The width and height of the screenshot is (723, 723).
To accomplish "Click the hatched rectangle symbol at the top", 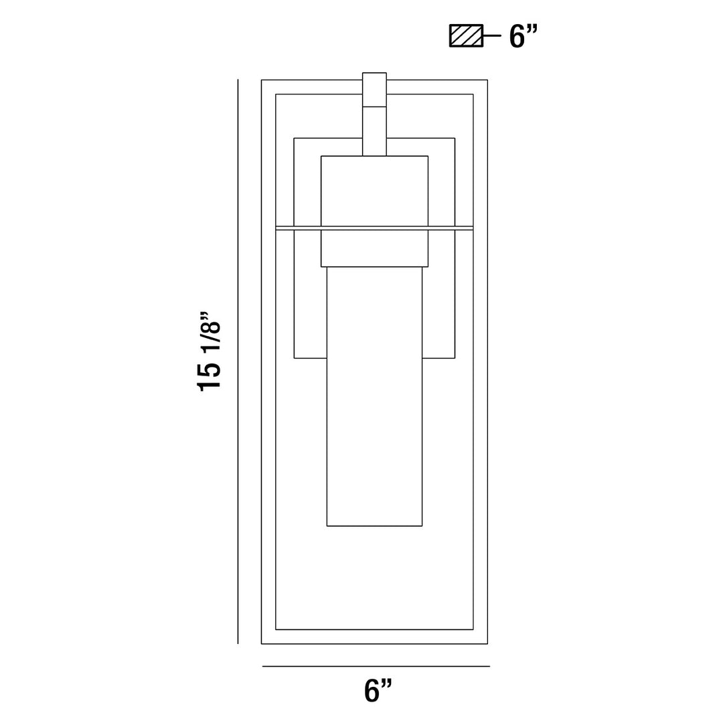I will click(465, 35).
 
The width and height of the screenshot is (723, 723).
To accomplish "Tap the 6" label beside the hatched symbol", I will click(524, 35).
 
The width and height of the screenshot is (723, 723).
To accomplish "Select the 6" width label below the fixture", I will click(378, 690).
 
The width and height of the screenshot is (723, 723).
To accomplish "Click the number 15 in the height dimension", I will click(209, 377).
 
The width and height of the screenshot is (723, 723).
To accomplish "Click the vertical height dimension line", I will click(238, 361).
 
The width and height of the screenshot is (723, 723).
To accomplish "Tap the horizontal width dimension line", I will click(376, 666).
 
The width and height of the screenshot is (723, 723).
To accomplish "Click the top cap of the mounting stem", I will click(374, 90).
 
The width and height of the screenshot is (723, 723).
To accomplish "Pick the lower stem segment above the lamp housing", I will click(374, 131).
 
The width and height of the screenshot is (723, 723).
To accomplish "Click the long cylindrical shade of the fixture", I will click(374, 402).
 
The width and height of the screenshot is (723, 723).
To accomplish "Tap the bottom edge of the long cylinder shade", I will click(374, 526).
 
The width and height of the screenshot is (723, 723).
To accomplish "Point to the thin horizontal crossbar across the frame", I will click(374, 228).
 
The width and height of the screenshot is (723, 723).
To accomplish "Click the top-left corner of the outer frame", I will click(262, 80).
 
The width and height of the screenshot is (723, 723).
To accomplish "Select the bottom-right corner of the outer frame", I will click(487, 643).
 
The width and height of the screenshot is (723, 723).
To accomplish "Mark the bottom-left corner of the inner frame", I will click(276, 629).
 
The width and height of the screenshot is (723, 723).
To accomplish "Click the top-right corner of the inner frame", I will click(473, 94).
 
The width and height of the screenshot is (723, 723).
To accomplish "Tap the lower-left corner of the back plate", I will click(295, 358).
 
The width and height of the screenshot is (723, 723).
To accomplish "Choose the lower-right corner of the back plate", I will click(455, 358).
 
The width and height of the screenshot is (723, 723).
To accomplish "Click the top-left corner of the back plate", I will click(295, 138).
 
